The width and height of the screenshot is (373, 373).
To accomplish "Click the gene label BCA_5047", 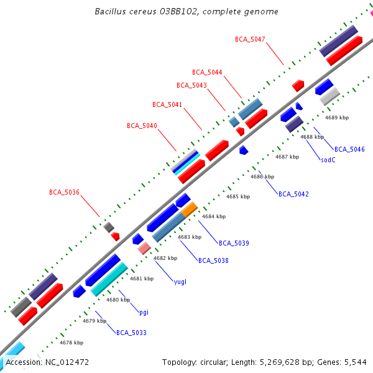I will click(250, 39).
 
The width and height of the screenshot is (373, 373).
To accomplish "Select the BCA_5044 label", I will click(207, 72).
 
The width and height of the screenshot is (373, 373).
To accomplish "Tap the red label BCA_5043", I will click(191, 85).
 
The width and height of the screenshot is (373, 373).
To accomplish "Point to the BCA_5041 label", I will click(167, 104).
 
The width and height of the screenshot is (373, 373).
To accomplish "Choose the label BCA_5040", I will click(142, 126).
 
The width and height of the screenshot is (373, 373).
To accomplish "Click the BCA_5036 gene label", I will click(64, 192).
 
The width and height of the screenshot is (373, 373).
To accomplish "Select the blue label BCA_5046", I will click(349, 149).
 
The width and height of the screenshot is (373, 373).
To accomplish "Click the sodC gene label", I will click(328, 160).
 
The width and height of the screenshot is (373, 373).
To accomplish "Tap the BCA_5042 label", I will click(293, 194).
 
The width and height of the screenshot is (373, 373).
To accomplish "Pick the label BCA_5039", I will click(234, 242).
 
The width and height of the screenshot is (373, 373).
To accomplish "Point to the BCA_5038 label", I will click(213, 260).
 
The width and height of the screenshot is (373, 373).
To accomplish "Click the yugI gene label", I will click(180, 282).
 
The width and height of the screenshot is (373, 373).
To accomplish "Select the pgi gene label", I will click(144, 311).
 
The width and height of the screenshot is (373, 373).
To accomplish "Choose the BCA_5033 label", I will click(131, 333).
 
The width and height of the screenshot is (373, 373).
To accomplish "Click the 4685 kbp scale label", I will click(237, 196).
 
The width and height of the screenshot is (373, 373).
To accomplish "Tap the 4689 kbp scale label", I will click(337, 117).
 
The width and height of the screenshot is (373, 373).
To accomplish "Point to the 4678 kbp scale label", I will click(71, 343).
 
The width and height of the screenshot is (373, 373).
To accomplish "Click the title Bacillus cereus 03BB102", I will click(186, 12).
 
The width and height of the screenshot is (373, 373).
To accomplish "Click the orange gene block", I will click(190, 210).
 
